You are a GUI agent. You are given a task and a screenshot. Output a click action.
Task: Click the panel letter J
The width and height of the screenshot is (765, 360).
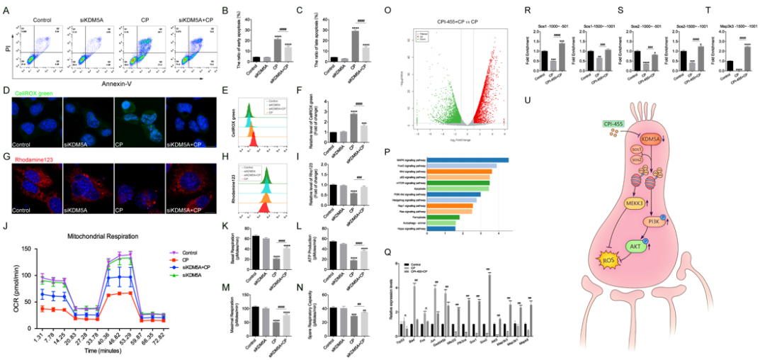point(6,227)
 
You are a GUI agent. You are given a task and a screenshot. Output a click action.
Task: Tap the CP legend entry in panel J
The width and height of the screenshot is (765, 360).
point(177,260)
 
